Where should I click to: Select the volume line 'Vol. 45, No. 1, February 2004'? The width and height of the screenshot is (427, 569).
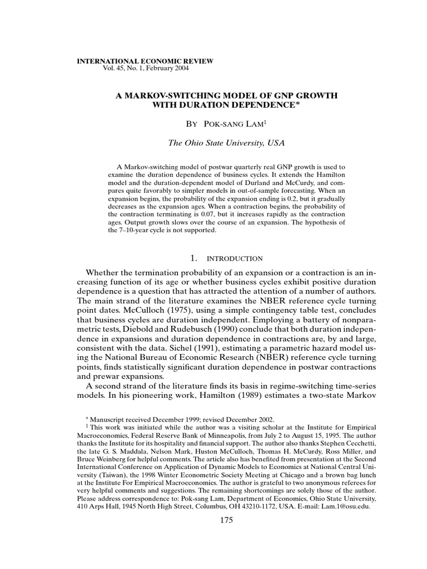point(146,68)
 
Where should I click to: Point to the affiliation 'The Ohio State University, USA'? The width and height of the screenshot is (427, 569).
point(226,143)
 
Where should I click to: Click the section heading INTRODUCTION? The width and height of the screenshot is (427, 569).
point(234,259)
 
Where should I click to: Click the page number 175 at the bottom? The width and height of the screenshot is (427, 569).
point(226,520)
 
